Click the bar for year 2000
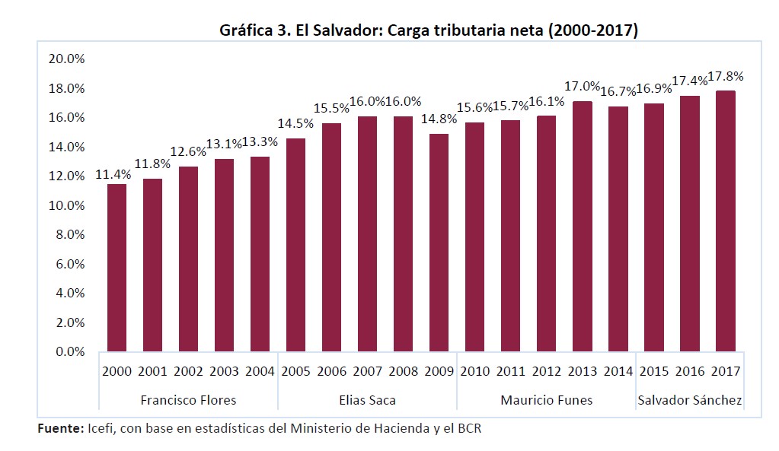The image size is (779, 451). [117, 268]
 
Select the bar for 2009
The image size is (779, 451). [439, 243]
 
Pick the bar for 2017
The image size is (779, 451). [725, 221]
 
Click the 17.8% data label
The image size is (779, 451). [725, 77]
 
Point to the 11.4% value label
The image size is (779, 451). [113, 174]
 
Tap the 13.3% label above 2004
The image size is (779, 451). [260, 142]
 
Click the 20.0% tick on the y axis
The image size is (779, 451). [66, 59]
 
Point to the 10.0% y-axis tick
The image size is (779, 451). [66, 205]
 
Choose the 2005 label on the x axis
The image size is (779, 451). [295, 372]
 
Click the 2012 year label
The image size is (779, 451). [546, 372]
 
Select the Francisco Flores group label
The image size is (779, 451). [188, 400]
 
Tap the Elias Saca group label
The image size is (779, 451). [367, 400]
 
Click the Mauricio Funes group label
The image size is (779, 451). [546, 400]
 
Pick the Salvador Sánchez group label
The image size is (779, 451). [689, 400]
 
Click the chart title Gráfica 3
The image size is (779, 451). [428, 30]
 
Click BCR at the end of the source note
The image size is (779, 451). [468, 429]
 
